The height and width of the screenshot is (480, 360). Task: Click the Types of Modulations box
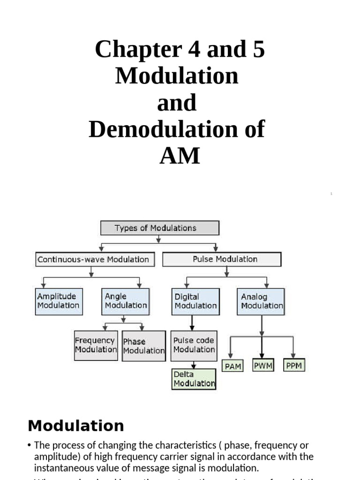tap(160, 228)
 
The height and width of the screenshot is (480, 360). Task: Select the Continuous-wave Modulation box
tap(95, 260)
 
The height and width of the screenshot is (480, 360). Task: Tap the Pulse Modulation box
tap(222, 259)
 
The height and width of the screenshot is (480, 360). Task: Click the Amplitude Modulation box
tap(59, 301)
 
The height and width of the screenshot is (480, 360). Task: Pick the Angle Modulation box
tap(126, 301)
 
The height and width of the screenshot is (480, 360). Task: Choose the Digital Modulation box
tap(195, 301)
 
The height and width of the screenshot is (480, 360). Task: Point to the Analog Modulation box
tap(262, 301)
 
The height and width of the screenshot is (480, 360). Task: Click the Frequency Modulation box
tap(96, 345)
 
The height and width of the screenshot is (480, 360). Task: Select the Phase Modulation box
tap(143, 346)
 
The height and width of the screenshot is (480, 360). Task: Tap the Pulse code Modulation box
tap(194, 345)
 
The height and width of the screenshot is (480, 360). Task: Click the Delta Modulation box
tap(194, 379)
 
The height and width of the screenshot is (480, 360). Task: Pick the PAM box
tap(232, 366)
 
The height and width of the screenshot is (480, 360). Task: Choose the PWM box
tap(263, 366)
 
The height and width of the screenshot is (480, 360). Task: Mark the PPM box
tap(294, 366)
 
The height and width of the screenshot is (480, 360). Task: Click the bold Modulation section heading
tap(76, 426)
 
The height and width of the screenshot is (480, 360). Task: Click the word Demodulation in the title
tap(164, 129)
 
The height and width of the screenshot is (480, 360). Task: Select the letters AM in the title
tap(180, 156)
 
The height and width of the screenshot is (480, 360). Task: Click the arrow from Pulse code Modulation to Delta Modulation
tap(192, 365)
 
